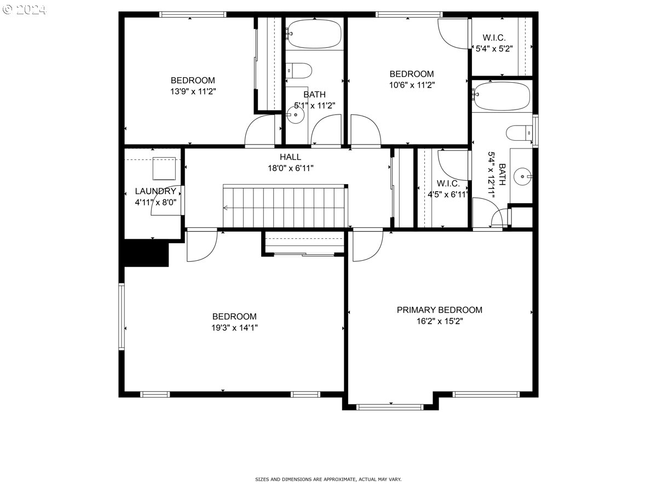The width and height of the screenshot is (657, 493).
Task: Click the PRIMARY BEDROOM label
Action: (439, 310)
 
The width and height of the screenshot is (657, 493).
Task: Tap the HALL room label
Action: (290, 157)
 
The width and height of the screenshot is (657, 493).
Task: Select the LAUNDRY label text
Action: (155, 191)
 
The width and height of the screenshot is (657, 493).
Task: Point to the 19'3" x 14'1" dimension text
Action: (234, 328)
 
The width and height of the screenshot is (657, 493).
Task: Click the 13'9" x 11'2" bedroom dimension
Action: (193, 91)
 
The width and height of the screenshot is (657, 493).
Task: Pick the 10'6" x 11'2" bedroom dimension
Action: (412, 85)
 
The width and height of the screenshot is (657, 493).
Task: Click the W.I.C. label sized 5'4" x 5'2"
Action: (494, 38)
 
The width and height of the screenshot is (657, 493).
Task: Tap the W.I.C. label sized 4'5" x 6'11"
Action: (448, 183)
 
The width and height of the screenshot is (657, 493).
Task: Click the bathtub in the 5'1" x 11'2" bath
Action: (314, 34)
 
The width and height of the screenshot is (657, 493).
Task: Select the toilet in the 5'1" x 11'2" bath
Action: (299, 71)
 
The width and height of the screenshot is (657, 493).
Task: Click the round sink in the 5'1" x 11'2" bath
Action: (296, 114)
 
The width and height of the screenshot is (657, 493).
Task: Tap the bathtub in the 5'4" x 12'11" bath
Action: (502, 96)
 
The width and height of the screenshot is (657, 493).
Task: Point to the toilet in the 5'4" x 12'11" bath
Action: (519, 133)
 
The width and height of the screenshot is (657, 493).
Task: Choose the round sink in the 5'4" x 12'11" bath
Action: (523, 176)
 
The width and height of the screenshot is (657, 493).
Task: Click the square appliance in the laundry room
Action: (164, 169)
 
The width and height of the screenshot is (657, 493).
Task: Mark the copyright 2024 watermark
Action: (24, 9)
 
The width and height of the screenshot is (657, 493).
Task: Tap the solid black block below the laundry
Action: (146, 253)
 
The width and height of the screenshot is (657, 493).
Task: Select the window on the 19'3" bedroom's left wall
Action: (122, 317)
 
